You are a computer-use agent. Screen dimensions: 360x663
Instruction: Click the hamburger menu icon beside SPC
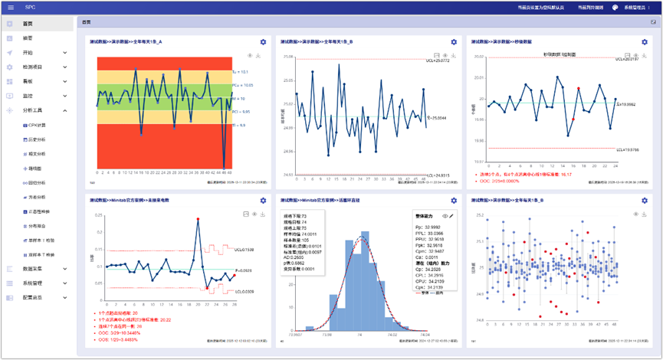[x=10, y=8]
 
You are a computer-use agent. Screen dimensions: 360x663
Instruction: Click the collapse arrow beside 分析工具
[x=65, y=110]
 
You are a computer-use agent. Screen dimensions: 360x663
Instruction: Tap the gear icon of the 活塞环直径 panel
[x=453, y=201]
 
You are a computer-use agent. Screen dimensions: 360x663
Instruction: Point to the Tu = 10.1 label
[x=239, y=72]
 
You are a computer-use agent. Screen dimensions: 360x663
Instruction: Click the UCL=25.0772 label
[x=436, y=61]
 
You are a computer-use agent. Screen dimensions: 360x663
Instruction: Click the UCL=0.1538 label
[x=246, y=250]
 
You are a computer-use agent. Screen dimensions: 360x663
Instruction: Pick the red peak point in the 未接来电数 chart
[x=198, y=220]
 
